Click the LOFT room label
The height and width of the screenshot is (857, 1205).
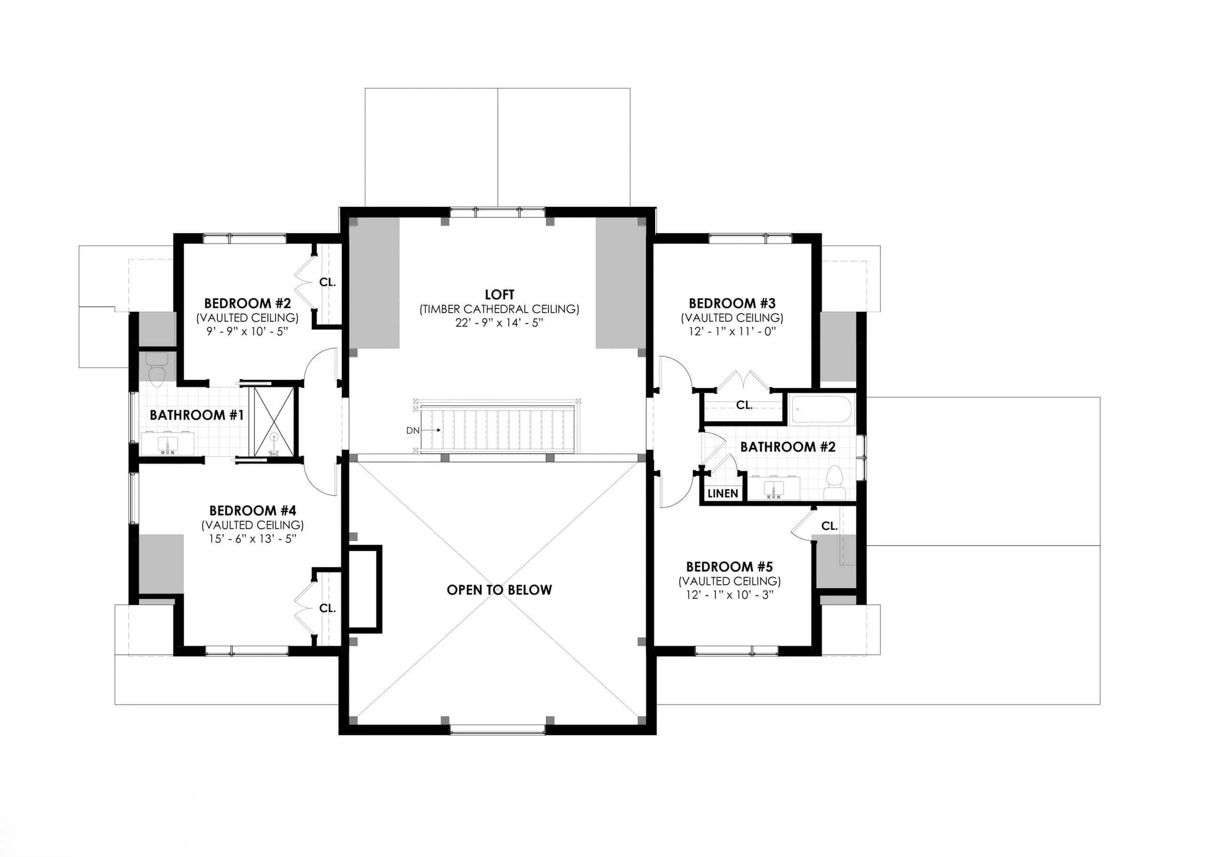point(499,294)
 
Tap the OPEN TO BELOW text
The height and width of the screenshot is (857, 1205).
point(499,590)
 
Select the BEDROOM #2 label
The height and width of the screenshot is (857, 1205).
point(247,304)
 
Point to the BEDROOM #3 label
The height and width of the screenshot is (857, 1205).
point(732,304)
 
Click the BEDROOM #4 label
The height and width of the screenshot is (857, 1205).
point(253,511)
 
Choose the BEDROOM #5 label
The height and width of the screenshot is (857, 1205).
point(729,567)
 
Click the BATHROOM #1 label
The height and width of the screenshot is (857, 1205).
point(197,415)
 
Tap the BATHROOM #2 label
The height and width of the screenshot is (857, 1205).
point(788,447)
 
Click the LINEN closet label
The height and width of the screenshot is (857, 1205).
point(723,494)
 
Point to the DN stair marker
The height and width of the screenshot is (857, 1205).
point(413,430)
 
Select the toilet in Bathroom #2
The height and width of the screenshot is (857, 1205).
point(835,481)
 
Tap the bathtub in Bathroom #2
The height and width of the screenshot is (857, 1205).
point(822,410)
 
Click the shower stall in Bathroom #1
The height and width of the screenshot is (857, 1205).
point(272,421)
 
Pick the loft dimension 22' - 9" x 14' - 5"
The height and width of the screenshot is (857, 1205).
point(499,323)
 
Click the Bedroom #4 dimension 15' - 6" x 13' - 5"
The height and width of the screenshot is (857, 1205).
point(253,539)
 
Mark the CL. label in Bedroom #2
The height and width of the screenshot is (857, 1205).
point(328,283)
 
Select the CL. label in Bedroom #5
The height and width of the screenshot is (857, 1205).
point(829,526)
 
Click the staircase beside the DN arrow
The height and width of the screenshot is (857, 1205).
point(498,429)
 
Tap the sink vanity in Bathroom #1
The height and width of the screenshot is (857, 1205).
point(168,444)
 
